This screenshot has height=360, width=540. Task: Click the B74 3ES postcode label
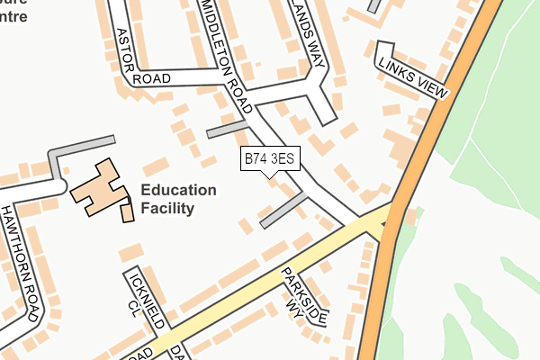(269, 159)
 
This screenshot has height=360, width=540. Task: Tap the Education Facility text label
(178, 199)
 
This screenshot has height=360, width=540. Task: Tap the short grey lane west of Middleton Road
(227, 129)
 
